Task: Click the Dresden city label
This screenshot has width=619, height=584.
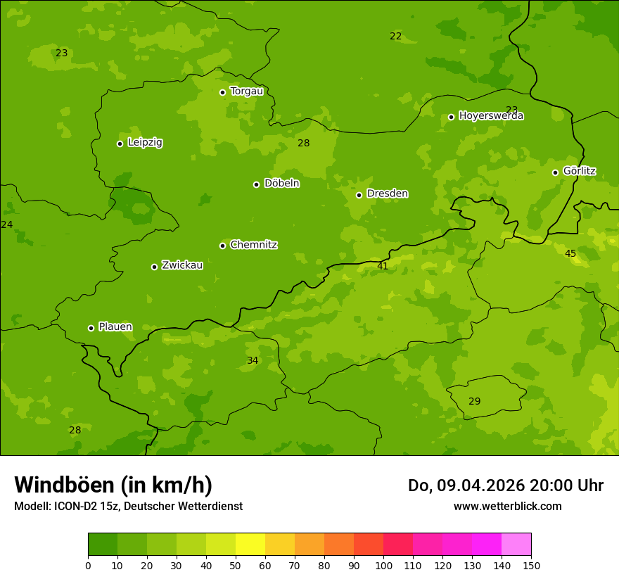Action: [387, 193]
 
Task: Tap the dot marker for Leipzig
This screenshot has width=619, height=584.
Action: [120, 144]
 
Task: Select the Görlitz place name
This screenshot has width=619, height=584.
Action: [579, 171]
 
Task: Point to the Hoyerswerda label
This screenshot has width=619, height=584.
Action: [491, 116]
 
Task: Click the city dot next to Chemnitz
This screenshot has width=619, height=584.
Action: [222, 246]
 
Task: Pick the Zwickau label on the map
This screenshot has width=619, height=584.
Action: [182, 265]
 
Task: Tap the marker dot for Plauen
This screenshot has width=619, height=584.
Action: [91, 328]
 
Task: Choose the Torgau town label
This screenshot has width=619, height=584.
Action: [246, 91]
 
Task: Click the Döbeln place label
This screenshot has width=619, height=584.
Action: [281, 184]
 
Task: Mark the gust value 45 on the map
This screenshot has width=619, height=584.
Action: [570, 253]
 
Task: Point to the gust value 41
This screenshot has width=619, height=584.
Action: [383, 266]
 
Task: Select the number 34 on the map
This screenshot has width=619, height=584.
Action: [253, 361]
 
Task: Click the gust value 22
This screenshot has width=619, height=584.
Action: [396, 36]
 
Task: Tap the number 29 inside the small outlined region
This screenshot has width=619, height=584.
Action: [475, 401]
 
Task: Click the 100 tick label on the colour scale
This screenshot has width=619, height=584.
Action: [383, 565]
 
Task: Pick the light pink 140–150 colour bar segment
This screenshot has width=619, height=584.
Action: [516, 545]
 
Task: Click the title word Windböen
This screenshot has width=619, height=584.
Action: [65, 485]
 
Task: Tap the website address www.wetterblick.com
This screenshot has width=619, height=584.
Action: [507, 507]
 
